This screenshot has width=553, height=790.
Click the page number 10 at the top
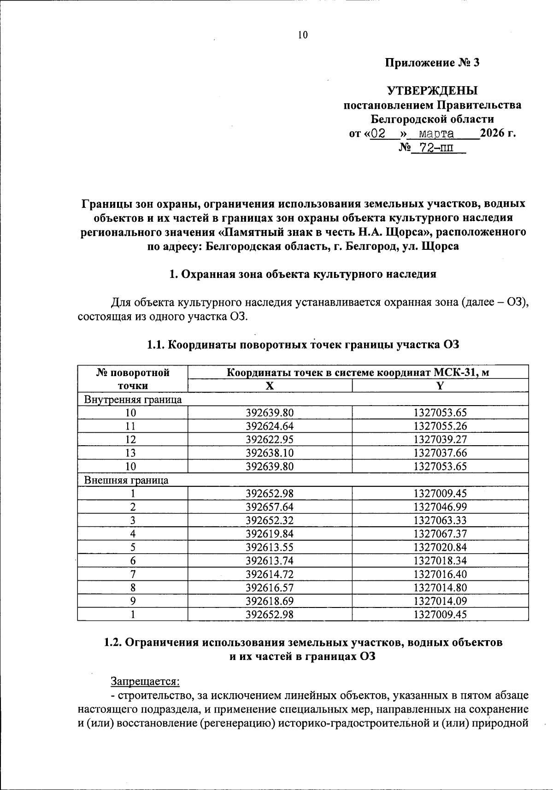pos(302,35)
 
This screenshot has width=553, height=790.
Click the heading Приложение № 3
pos(432,63)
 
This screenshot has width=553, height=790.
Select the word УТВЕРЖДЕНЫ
pos(432,90)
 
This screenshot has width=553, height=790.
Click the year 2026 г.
pos(497,134)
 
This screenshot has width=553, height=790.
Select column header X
pos(270,386)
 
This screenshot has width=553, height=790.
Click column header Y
pos(440,386)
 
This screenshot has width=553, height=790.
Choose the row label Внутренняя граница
pos(133,399)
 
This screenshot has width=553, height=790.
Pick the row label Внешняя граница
pos(126,480)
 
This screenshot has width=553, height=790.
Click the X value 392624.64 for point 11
pos(270,426)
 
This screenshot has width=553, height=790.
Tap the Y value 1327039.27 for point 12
pos(440,439)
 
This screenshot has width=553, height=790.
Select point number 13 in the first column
pos(133,453)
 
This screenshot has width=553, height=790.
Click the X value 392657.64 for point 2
pos(270,507)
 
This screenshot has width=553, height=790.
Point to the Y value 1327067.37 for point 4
pos(440,534)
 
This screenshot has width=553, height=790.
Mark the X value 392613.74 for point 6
pos(270,560)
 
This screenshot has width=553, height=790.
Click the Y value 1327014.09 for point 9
pos(440,601)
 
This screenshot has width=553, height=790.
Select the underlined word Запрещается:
pos(145,681)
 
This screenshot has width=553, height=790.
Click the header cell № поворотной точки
pos(133,379)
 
